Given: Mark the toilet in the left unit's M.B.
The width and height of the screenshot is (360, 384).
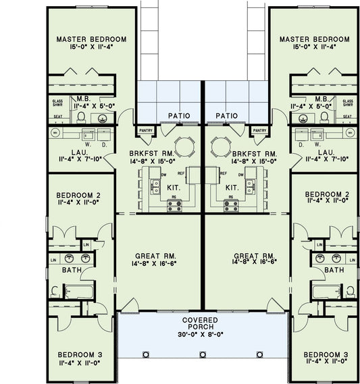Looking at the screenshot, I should click(x=81, y=117).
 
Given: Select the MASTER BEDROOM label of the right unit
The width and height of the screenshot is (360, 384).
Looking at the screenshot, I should click(x=315, y=39).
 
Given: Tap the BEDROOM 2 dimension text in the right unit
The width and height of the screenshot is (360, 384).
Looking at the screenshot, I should click(x=328, y=200).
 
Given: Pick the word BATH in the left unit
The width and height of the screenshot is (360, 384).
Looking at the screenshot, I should click(x=72, y=270).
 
